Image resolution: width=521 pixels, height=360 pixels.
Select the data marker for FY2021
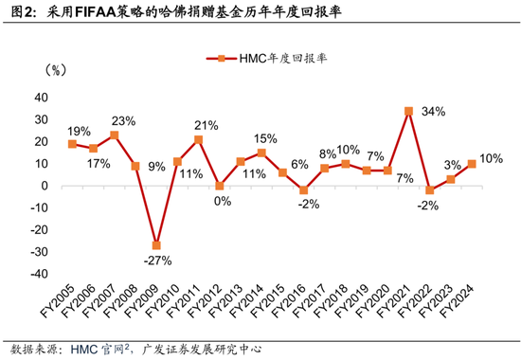click(408, 111)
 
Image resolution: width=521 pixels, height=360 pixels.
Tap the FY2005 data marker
click(72, 144)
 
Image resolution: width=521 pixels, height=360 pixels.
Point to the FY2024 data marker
click(471, 164)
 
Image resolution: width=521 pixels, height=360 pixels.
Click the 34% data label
click(435, 110)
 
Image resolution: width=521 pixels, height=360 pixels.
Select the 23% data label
click(123, 120)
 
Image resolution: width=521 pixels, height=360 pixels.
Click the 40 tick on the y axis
click(45, 98)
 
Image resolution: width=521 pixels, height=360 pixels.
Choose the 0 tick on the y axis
click(48, 186)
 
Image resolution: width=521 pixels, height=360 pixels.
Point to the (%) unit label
click(55, 70)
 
